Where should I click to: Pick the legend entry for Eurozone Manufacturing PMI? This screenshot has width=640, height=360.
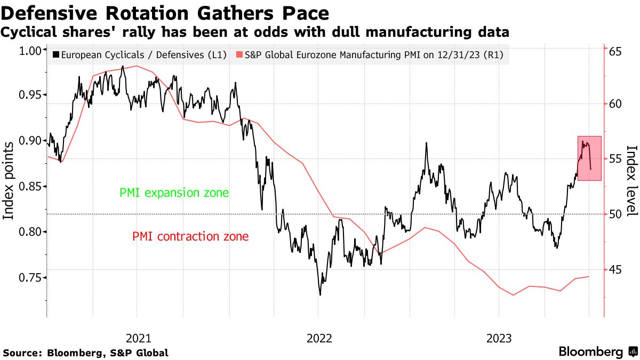370,54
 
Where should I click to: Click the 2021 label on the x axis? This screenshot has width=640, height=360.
138,338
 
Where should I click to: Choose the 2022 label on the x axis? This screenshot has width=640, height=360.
319,338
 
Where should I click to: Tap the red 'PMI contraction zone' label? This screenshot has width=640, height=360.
190,236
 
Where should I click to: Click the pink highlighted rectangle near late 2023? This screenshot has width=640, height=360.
589,158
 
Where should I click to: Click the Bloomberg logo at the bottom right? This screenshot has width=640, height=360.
598,352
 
